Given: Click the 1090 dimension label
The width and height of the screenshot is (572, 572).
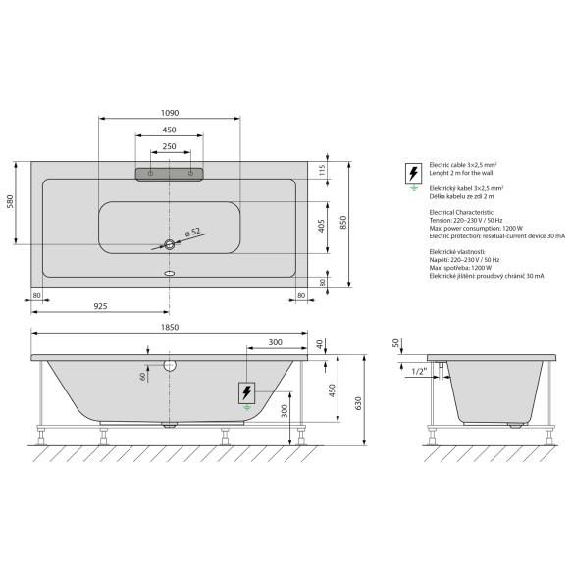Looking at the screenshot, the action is (170, 113).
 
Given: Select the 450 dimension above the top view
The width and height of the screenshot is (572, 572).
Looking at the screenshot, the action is (169, 130).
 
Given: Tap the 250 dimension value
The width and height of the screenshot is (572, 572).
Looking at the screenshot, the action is (169, 146).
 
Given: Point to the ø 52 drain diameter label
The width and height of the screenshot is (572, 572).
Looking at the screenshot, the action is (193, 232).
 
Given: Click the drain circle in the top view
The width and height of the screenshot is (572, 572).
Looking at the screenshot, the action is (170, 244).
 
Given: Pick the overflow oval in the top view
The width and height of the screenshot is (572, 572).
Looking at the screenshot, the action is (170, 273).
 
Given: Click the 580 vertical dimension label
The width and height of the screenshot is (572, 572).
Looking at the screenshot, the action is (10, 201).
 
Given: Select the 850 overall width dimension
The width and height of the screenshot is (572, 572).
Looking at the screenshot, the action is (343, 222).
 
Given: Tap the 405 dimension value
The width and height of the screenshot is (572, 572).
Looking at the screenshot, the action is (321, 226).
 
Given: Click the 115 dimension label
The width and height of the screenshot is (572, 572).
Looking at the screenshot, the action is (322, 170).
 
